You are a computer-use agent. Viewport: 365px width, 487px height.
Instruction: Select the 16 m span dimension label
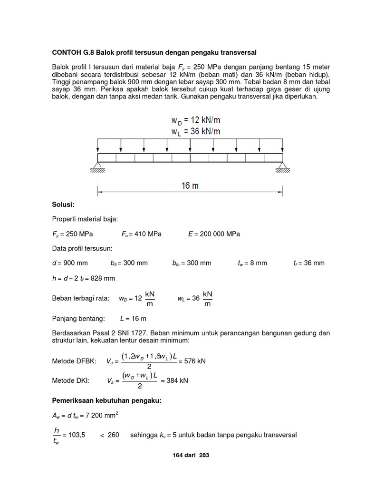pos(190,186)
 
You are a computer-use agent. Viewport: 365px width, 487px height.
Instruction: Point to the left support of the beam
pos(98,167)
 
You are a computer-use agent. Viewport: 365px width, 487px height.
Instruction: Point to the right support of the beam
pos(283,167)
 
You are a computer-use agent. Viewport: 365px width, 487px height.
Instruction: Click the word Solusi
pos(63,205)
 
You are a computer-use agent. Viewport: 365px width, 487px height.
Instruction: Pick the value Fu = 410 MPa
pos(141,234)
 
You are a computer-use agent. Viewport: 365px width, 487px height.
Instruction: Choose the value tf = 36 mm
pos(309,263)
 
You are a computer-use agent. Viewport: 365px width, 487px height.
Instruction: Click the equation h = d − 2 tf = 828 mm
pos(83,278)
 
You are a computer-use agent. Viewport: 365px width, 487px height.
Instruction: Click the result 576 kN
pos(195,362)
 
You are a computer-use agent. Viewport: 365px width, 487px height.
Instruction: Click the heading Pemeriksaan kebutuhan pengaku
pos(107,401)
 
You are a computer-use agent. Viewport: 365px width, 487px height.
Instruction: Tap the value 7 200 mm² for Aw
pos(98,416)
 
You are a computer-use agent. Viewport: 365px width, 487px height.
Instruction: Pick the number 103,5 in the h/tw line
pos(77,435)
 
